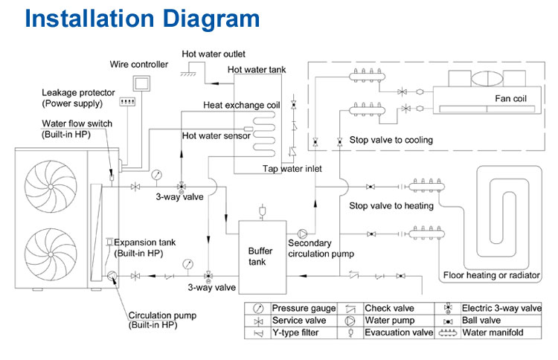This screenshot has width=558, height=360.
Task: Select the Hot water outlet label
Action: coord(214,54)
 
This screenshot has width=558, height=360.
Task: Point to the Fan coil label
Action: coord(512,97)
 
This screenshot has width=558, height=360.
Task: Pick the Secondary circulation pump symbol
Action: coord(302,231)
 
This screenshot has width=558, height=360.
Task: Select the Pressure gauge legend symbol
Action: coord(258,308)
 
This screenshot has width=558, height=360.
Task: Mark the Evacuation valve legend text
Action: coord(398,333)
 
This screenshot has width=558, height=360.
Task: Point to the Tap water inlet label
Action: coord(292,169)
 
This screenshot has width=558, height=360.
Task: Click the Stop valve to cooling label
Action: coord(391,140)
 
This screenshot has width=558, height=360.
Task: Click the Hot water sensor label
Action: coord(214,135)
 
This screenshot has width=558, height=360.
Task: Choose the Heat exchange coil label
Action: coord(241,105)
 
